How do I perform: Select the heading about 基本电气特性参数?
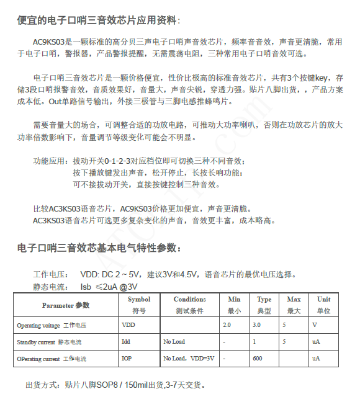pyautogui.click(x=99, y=248)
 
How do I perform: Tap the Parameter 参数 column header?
pyautogui.click(x=66, y=305)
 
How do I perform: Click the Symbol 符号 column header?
pyautogui.click(x=139, y=305)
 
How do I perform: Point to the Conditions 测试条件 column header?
pyautogui.click(x=189, y=305)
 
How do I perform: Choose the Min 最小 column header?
pyautogui.click(x=234, y=305)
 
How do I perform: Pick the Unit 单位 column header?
pyautogui.click(x=323, y=305)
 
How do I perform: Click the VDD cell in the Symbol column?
pyautogui.click(x=128, y=324)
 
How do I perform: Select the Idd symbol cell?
pyautogui.click(x=127, y=342)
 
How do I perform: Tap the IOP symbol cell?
pyautogui.click(x=127, y=359)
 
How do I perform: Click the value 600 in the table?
pyautogui.click(x=258, y=359)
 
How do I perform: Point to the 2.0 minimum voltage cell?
pyautogui.click(x=227, y=324)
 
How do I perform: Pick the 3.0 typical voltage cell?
pyautogui.click(x=256, y=324)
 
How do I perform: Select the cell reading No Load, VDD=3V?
pyautogui.click(x=189, y=359)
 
